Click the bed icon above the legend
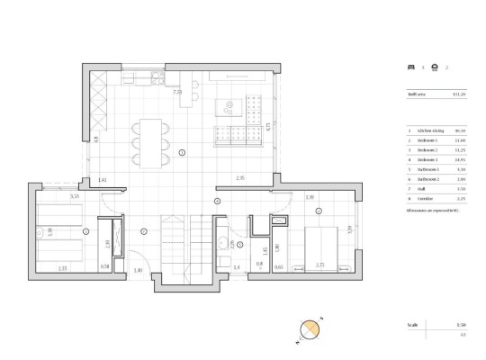point(411,67)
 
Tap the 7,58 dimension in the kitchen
point(177,92)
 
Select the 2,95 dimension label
point(241,178)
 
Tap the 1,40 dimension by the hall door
point(138,269)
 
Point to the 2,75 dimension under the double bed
point(319,266)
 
